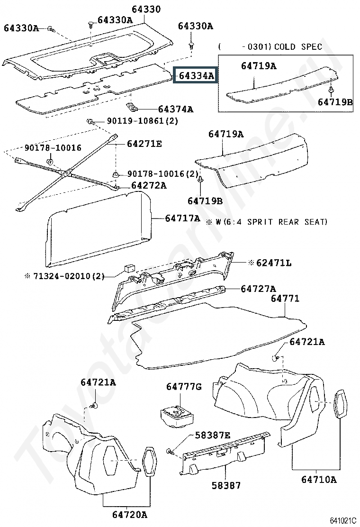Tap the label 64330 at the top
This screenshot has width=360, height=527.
click(x=146, y=9)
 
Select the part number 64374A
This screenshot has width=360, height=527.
click(x=176, y=109)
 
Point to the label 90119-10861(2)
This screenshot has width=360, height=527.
click(x=143, y=120)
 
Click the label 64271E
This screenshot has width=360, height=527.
click(x=144, y=144)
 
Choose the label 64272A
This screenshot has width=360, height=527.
click(x=149, y=185)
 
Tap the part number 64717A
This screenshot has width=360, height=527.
click(x=182, y=218)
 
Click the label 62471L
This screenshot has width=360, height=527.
click(x=274, y=263)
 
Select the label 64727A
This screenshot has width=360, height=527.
click(x=258, y=288)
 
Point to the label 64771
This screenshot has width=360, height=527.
click(x=285, y=298)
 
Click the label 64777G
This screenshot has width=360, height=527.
click(x=184, y=387)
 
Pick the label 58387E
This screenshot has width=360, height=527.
click(x=213, y=435)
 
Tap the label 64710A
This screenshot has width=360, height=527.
click(x=319, y=479)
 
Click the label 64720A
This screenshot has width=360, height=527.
click(x=130, y=515)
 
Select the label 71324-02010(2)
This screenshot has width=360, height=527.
click(x=69, y=276)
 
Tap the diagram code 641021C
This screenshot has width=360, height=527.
click(x=343, y=521)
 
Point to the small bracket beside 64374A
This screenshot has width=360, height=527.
click(x=132, y=107)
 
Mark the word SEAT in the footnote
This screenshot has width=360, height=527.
click(x=315, y=222)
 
